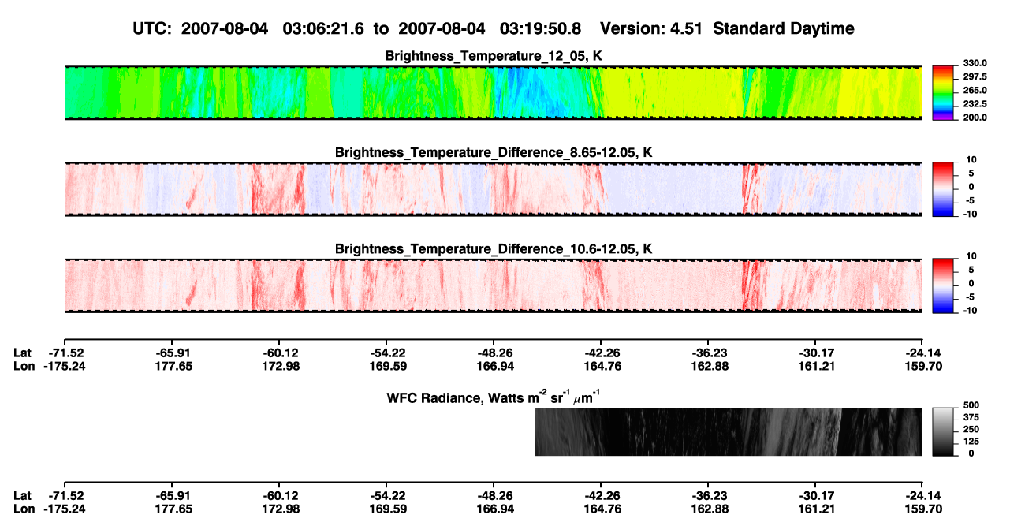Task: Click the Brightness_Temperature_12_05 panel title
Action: point(494,56)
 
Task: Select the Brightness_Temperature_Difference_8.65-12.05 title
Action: point(494,152)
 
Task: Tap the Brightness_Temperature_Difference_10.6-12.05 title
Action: point(494,249)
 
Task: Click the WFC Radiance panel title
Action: point(494,397)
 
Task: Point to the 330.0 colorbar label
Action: point(975,63)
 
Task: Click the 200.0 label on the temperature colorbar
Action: point(975,118)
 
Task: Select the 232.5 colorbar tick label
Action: point(975,104)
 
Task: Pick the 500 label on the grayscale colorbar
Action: point(971,405)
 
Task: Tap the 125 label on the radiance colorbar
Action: point(971,442)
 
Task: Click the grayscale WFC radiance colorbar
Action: point(943,431)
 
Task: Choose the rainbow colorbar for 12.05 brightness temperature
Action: point(943,93)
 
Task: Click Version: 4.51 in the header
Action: point(650,29)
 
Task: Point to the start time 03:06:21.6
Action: point(323,29)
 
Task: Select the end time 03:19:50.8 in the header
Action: point(540,29)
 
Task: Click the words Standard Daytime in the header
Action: point(784,29)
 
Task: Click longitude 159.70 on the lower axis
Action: point(923,509)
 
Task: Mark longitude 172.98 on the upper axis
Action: point(281,367)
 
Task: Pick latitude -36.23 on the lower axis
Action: point(710,496)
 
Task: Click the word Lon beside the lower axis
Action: point(24,509)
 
